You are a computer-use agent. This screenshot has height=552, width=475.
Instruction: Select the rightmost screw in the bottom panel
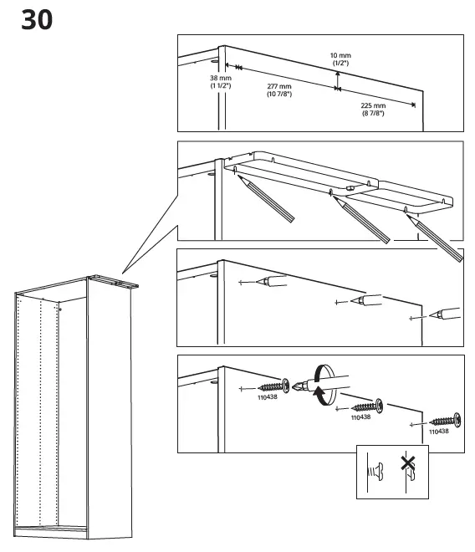[x=442, y=421]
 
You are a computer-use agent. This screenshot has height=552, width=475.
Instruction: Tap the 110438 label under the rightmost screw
[x=438, y=432]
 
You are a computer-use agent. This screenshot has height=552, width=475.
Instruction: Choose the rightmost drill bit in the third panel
[x=444, y=315]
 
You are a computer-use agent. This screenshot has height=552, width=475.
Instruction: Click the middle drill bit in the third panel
[x=365, y=299]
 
